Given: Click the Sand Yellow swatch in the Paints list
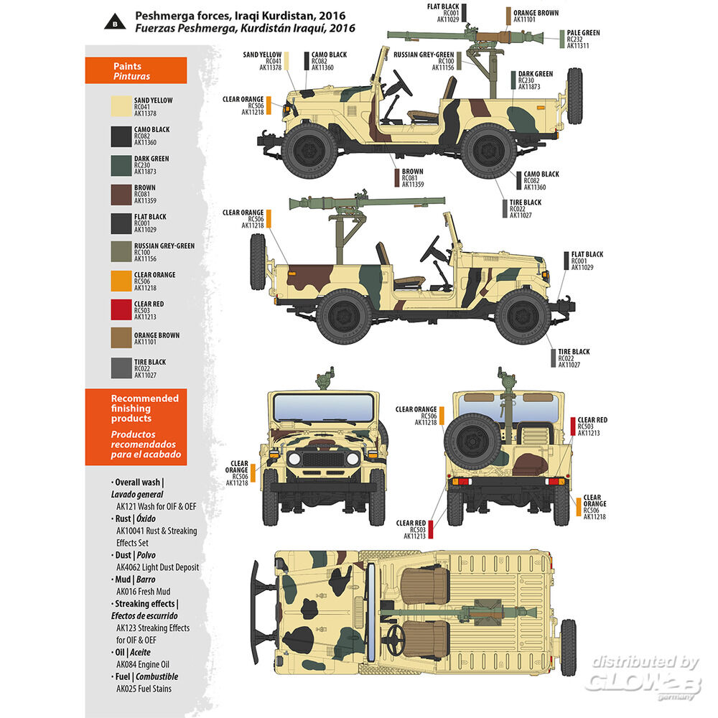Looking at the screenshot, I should (121, 107).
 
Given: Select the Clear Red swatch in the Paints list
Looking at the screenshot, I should (121, 309).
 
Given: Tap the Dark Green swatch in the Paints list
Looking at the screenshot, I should (121, 165).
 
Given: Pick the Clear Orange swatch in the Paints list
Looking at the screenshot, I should (121, 280).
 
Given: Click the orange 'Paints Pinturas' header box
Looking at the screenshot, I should (136, 70).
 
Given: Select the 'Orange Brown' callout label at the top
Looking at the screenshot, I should (535, 17).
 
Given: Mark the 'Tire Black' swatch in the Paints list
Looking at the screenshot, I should (121, 368).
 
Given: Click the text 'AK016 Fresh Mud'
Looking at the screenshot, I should (143, 592).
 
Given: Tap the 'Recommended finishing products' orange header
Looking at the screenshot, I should (136, 426).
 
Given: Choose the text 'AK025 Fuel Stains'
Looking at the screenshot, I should (144, 689).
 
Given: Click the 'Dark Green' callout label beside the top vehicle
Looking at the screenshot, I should (535, 80).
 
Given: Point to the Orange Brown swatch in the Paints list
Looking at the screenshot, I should (121, 339).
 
